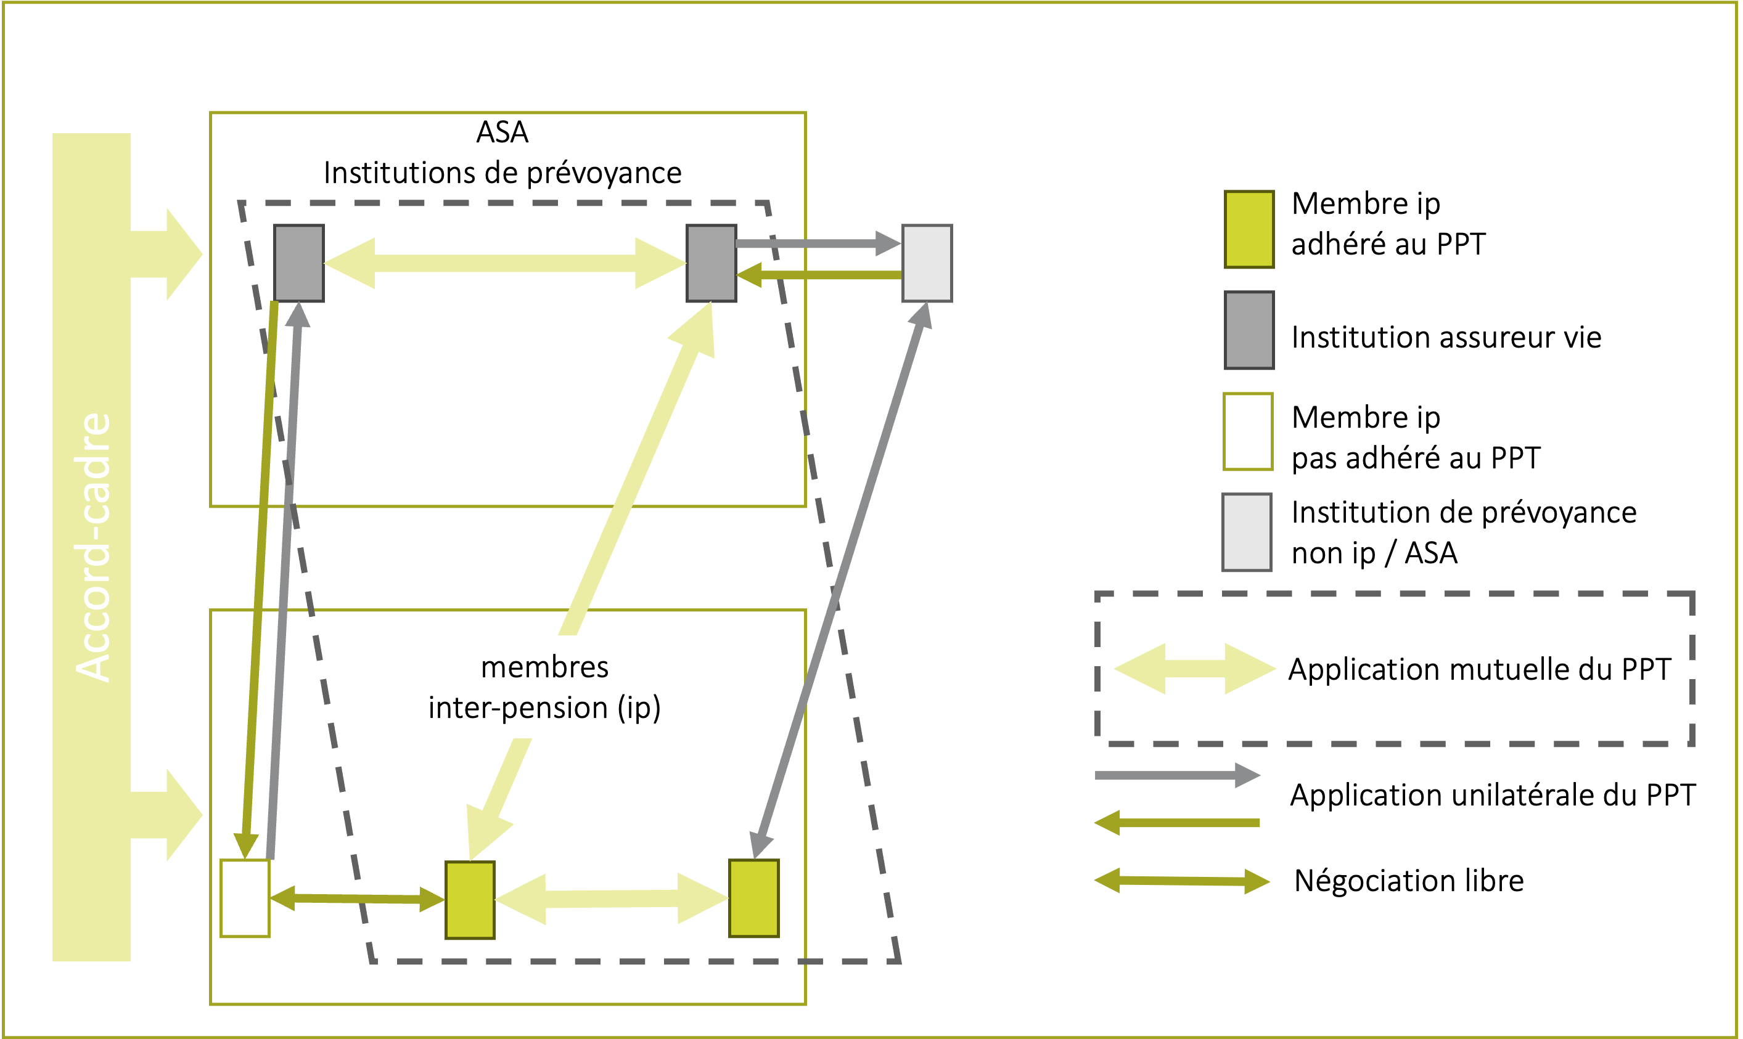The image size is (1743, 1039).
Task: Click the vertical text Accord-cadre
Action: coord(93,546)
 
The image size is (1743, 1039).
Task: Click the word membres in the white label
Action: coord(544,667)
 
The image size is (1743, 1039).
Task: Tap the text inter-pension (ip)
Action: coord(544,708)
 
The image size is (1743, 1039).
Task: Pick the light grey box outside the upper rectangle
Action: coord(927,263)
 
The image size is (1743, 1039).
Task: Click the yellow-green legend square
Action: coord(1249,229)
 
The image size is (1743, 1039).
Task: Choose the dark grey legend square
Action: coord(1249,330)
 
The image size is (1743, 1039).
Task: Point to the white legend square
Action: coord(1247,431)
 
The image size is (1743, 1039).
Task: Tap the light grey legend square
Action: coord(1246,532)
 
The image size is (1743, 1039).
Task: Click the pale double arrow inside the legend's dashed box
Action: coord(1195,669)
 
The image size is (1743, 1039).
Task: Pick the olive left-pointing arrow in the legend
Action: coord(1176,823)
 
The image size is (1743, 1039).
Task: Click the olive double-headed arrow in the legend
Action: coord(1181,881)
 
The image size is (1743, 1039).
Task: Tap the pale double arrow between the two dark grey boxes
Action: coord(504,263)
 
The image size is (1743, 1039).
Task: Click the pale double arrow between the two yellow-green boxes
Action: coord(612,898)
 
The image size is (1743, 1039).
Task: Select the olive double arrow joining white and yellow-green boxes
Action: coord(357,898)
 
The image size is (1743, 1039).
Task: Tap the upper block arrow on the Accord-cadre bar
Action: coord(168,254)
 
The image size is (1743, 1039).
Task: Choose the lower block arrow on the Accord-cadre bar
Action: coord(168,815)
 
